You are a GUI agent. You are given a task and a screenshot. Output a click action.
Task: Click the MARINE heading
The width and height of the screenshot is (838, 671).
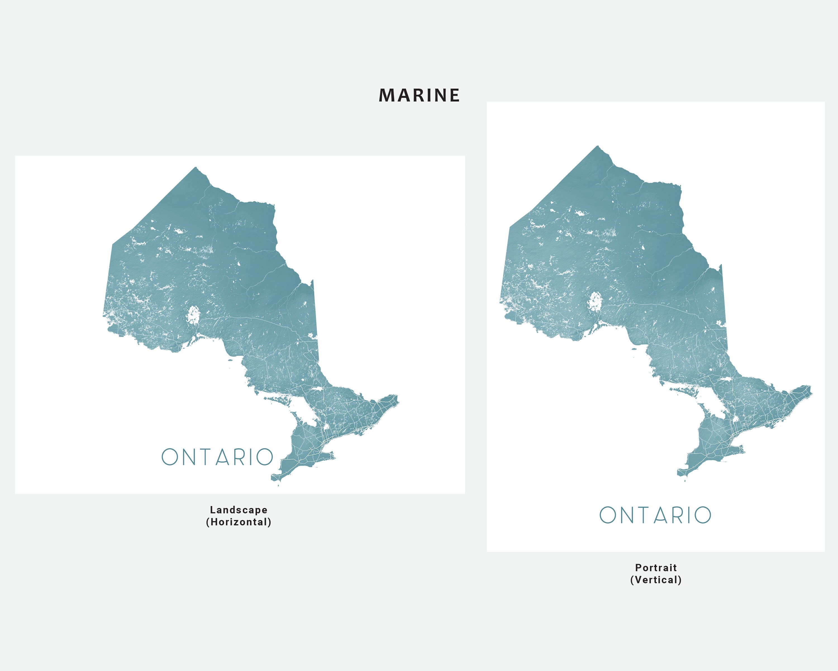point(419,95)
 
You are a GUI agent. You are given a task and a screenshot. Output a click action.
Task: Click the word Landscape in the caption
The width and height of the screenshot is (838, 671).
point(239,510)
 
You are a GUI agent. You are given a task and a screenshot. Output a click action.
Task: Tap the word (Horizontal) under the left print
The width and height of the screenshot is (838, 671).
point(239,522)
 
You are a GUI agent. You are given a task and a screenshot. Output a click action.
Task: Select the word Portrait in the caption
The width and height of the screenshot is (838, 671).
point(656,568)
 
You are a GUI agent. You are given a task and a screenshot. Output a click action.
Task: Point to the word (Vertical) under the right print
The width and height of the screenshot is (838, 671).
point(656,580)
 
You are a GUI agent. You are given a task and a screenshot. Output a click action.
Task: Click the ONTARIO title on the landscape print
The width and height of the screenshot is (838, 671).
point(217,457)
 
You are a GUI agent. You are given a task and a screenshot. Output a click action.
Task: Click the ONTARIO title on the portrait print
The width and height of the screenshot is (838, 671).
point(655,515)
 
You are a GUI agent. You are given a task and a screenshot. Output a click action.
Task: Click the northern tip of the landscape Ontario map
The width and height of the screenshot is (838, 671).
point(196,168)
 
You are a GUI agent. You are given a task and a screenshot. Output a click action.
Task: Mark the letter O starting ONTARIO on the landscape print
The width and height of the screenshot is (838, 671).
point(170,457)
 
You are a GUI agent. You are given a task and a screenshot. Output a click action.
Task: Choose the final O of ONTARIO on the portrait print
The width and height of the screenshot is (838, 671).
point(703,515)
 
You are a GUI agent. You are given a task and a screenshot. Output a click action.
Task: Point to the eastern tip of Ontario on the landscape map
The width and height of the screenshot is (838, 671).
point(397,397)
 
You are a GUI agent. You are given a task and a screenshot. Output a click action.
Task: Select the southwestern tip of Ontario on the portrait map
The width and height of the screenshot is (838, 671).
point(679,472)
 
